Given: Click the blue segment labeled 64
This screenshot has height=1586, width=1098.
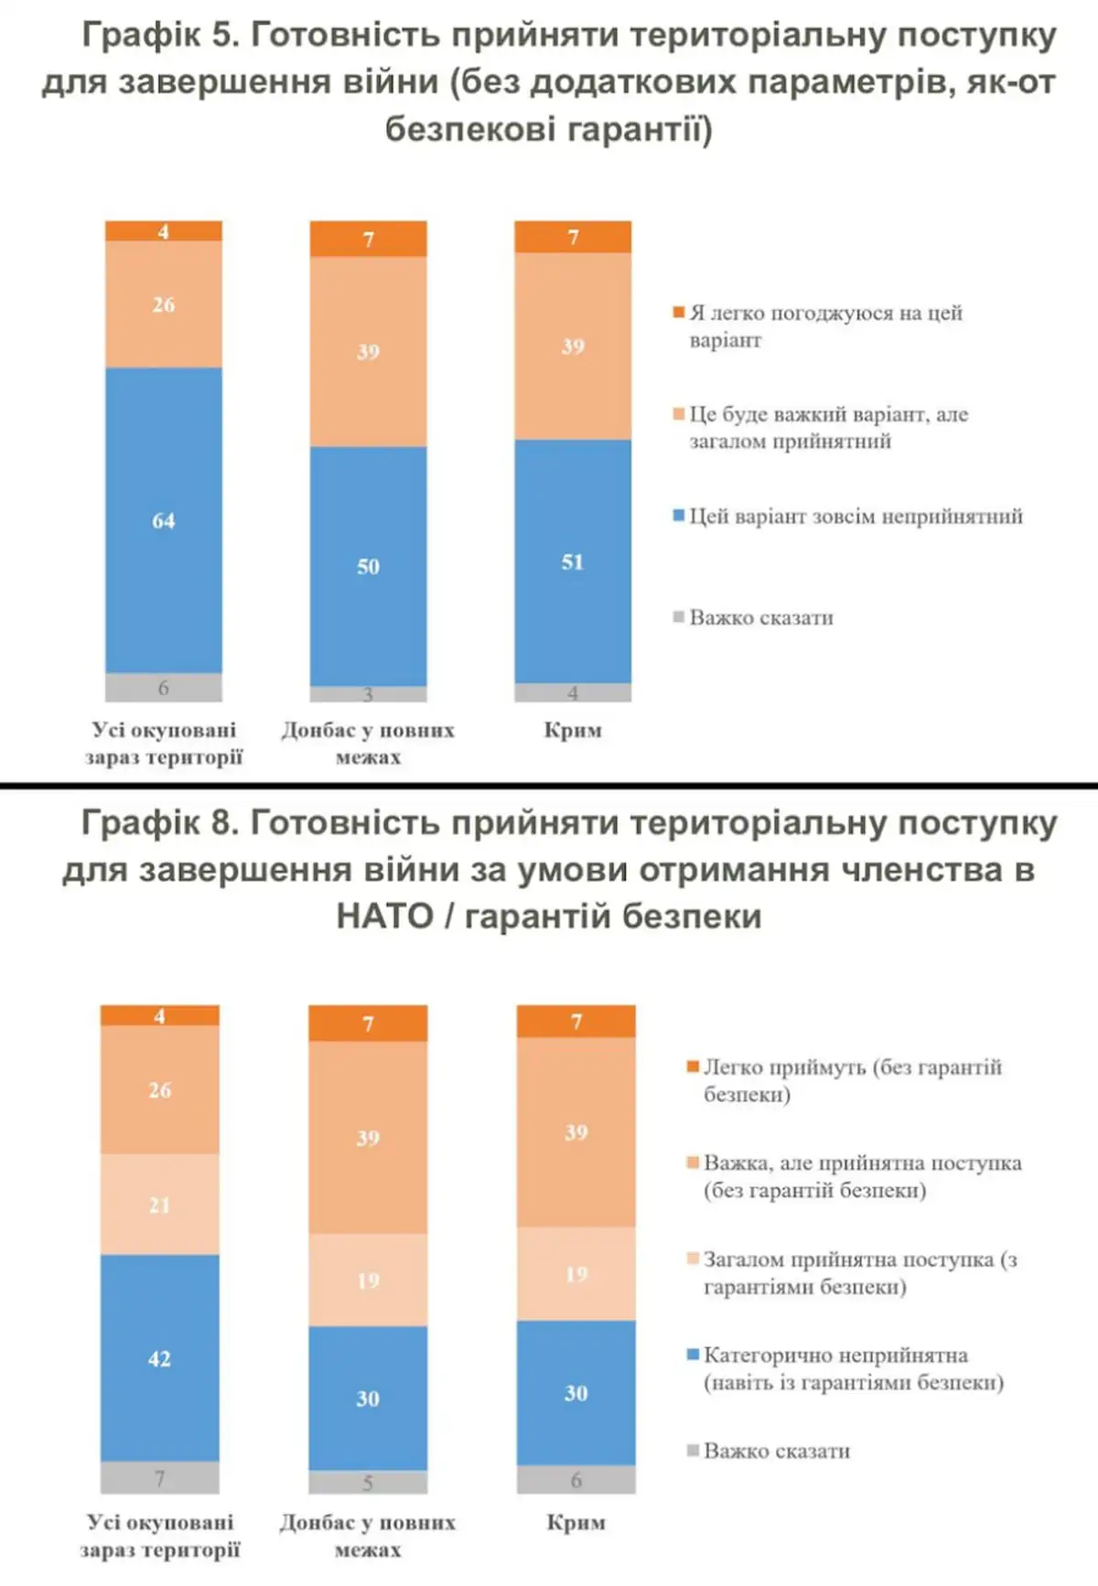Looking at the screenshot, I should pyautogui.click(x=163, y=520).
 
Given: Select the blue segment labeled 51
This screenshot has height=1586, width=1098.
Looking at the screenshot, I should pyautogui.click(x=573, y=561).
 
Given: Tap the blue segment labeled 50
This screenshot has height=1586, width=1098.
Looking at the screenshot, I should pyautogui.click(x=368, y=566).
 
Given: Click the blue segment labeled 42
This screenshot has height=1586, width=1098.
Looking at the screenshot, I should pyautogui.click(x=159, y=1358).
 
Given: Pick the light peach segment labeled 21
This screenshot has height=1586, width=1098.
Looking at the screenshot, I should pyautogui.click(x=159, y=1205).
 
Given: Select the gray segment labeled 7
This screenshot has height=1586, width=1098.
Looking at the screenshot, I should pyautogui.click(x=159, y=1478).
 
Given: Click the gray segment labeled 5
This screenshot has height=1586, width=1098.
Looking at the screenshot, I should pyautogui.click(x=368, y=1482).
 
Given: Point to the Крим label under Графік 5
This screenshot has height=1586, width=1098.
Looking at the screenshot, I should pyautogui.click(x=573, y=730).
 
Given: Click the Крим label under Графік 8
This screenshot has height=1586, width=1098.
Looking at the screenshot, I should pyautogui.click(x=576, y=1522).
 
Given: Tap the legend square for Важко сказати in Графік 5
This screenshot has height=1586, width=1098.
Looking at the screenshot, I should pyautogui.click(x=679, y=617).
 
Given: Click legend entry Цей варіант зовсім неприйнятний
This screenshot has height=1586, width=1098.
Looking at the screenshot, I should pyautogui.click(x=855, y=517).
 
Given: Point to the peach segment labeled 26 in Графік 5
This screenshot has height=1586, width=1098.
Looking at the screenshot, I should pyautogui.click(x=163, y=304).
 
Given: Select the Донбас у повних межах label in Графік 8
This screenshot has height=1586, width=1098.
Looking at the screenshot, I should pyautogui.click(x=368, y=1536).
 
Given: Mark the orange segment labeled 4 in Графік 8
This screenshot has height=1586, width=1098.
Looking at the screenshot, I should pyautogui.click(x=159, y=1015).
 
